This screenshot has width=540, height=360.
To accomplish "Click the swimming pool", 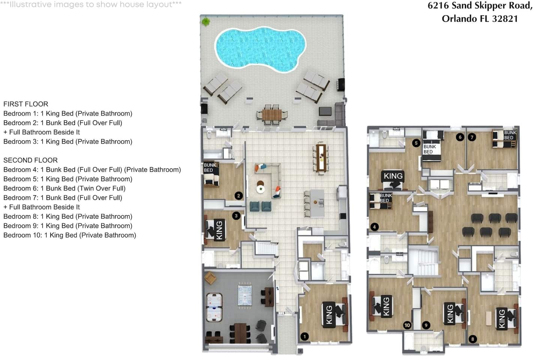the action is tap(260, 49).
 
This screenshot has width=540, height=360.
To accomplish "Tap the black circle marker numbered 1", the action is tap(305, 336).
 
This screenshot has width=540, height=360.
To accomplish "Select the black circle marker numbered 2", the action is tap(238, 195).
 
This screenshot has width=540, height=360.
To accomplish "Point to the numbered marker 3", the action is tap(236, 216).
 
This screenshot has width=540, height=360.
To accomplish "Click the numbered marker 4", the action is tap(374, 226).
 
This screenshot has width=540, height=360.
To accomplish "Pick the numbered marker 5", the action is tap(416, 143).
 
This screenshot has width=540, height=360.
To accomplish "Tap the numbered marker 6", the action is tap(460, 137).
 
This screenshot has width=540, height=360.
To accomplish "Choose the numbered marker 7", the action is tap(472, 137).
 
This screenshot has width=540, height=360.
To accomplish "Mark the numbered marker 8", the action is tap(472, 339).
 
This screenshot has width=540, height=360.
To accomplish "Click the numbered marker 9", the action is tap(426, 325).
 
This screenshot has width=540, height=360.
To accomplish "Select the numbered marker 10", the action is tap(407, 325).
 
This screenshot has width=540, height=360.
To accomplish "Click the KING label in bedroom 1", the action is tap(329, 315).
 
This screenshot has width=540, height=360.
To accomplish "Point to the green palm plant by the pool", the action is tap(205, 22).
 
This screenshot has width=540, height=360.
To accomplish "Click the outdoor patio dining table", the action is tap(271, 115).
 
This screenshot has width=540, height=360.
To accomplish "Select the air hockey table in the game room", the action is tap(214, 307).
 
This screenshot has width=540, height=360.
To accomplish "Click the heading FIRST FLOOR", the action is tap(26, 104).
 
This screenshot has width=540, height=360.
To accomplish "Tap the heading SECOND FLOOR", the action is tap(31, 160).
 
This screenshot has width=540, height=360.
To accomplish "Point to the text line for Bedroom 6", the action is tap(64, 188).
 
